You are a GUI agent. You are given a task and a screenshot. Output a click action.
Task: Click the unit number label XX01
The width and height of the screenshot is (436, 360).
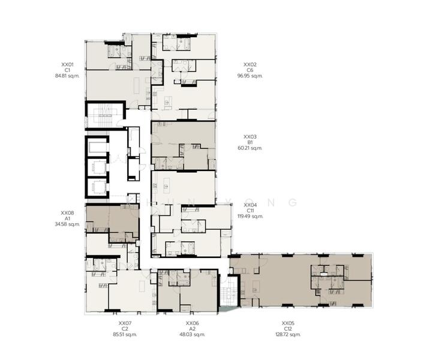point(67,65)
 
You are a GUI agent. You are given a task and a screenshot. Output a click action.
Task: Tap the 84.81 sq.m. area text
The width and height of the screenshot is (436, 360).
point(67,76)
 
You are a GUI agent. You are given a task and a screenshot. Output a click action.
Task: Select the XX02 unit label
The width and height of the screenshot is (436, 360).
point(250,65)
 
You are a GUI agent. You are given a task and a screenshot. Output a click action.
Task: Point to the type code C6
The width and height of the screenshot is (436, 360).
point(250,70)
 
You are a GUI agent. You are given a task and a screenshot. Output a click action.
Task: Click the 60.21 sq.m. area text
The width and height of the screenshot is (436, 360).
point(250,148)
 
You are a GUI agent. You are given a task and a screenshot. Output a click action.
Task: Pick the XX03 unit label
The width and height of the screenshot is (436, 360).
point(250,137)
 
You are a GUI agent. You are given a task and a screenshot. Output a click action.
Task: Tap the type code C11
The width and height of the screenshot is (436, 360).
point(250,211)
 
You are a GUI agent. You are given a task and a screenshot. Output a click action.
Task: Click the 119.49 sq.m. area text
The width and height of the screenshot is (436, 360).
point(250,216)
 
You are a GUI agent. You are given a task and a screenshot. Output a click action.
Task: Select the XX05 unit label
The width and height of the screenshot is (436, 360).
point(288,323)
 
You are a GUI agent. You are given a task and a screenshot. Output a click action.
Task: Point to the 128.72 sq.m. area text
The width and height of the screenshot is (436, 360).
point(288,334)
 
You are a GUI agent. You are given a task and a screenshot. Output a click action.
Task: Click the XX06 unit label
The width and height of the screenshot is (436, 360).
point(193,323)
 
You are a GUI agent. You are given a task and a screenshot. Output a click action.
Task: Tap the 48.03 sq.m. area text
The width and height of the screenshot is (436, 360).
point(193,334)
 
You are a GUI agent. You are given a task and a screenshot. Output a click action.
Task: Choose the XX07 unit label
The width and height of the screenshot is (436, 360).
point(125,323)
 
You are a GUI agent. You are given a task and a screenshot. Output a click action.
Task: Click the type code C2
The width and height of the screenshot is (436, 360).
point(125,329)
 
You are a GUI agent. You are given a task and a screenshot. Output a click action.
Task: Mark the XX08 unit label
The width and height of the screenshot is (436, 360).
point(67,213)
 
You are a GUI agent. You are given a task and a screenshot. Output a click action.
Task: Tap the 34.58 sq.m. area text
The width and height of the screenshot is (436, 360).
point(67,224)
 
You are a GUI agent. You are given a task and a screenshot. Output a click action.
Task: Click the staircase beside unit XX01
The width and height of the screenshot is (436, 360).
point(105,115)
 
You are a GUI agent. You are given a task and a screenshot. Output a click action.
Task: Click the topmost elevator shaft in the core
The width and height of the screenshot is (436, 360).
point(97,146)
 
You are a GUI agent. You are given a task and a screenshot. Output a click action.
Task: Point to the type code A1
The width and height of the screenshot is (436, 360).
point(67,218)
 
